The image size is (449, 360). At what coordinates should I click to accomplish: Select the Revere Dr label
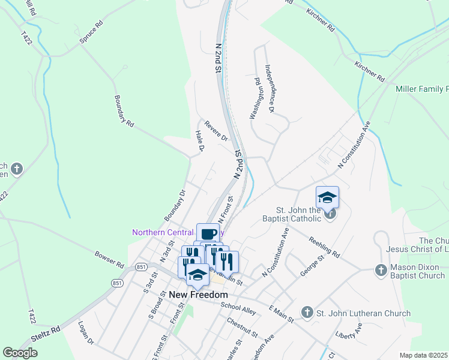(x=216, y=131)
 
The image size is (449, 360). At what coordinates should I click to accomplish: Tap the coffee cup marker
(x=208, y=234)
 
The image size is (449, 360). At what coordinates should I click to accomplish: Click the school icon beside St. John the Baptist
(x=328, y=197)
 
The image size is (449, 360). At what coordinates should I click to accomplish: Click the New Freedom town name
(x=198, y=295)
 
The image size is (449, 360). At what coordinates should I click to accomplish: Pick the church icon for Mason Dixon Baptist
(x=380, y=271)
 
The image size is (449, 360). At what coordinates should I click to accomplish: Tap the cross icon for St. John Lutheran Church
(x=307, y=313)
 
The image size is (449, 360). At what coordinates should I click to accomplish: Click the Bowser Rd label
(x=109, y=259)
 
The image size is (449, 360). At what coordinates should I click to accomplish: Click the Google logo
(x=20, y=353)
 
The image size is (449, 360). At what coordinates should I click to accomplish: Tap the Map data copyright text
(x=424, y=355)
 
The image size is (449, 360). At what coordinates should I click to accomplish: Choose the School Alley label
(x=238, y=307)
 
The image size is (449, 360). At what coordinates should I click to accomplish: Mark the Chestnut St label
(x=242, y=327)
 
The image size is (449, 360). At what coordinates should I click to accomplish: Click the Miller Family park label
(x=422, y=89)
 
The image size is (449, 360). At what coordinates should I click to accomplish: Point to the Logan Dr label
(x=86, y=333)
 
